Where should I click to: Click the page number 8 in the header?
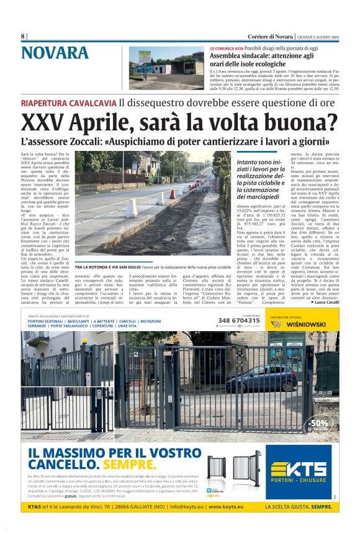[22, 36]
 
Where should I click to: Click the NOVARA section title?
[55, 53]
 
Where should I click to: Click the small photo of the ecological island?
[166, 66]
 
